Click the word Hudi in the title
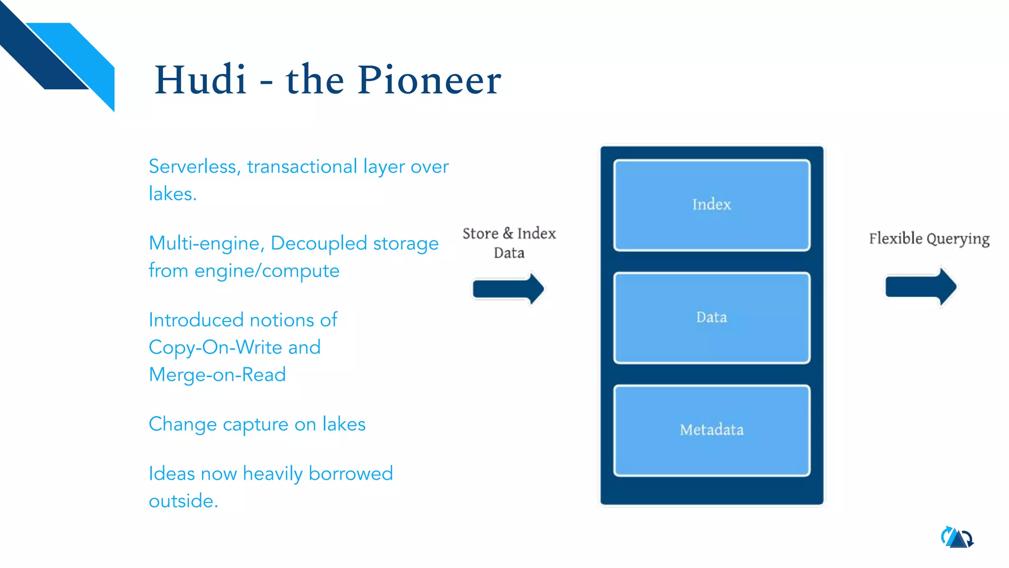tap(200, 80)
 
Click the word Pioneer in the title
tap(429, 80)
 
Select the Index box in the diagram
tap(711, 205)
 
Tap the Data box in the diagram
tap(711, 318)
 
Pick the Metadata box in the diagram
tap(711, 430)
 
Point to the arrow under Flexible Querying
tap(920, 286)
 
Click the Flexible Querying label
tap(929, 239)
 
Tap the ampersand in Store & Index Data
tap(508, 233)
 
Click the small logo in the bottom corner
tap(957, 538)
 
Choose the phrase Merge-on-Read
tap(217, 375)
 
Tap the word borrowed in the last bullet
tap(350, 473)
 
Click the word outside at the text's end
tap(183, 501)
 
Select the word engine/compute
tap(267, 271)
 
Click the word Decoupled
tap(319, 244)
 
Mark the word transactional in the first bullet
tap(302, 167)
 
